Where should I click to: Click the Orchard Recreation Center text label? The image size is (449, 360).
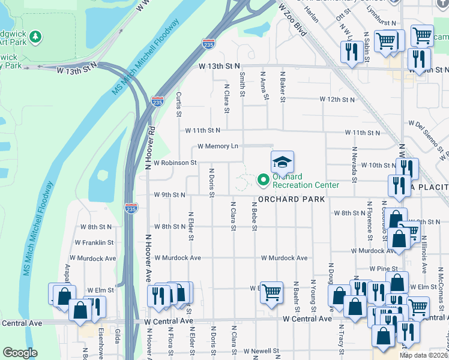306,181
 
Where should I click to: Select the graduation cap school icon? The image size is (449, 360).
282,162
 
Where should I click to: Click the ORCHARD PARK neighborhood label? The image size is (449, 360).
292,199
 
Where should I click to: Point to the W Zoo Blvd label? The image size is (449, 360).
292,19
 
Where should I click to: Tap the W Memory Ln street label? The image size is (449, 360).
218,146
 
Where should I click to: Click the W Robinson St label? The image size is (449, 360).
175,163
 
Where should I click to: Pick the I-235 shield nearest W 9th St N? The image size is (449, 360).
131,208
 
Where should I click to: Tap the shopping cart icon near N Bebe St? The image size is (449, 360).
271,292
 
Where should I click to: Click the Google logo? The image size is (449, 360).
19,353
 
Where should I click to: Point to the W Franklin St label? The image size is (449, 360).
94,242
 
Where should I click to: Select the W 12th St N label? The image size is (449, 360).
337,99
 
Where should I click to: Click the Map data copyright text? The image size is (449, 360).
423,355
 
